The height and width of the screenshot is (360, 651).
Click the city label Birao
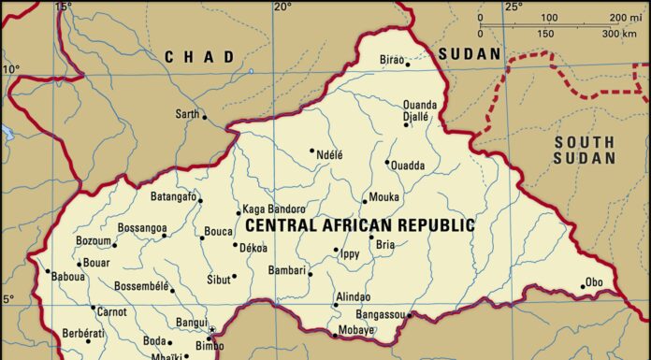point(391,60)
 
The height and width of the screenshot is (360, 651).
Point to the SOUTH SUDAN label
point(584,150)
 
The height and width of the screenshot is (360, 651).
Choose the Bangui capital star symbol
point(212,329)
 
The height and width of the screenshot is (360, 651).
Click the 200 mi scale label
point(623,18)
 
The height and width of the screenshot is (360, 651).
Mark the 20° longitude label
point(282,7)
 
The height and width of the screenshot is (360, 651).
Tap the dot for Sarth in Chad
point(205,117)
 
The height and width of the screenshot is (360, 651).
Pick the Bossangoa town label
point(142,228)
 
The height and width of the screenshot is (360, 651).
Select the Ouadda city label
point(409,166)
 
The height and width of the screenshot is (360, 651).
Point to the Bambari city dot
point(310,274)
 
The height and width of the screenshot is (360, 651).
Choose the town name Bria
point(385,244)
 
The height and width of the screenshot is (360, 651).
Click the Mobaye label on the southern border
point(356,331)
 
